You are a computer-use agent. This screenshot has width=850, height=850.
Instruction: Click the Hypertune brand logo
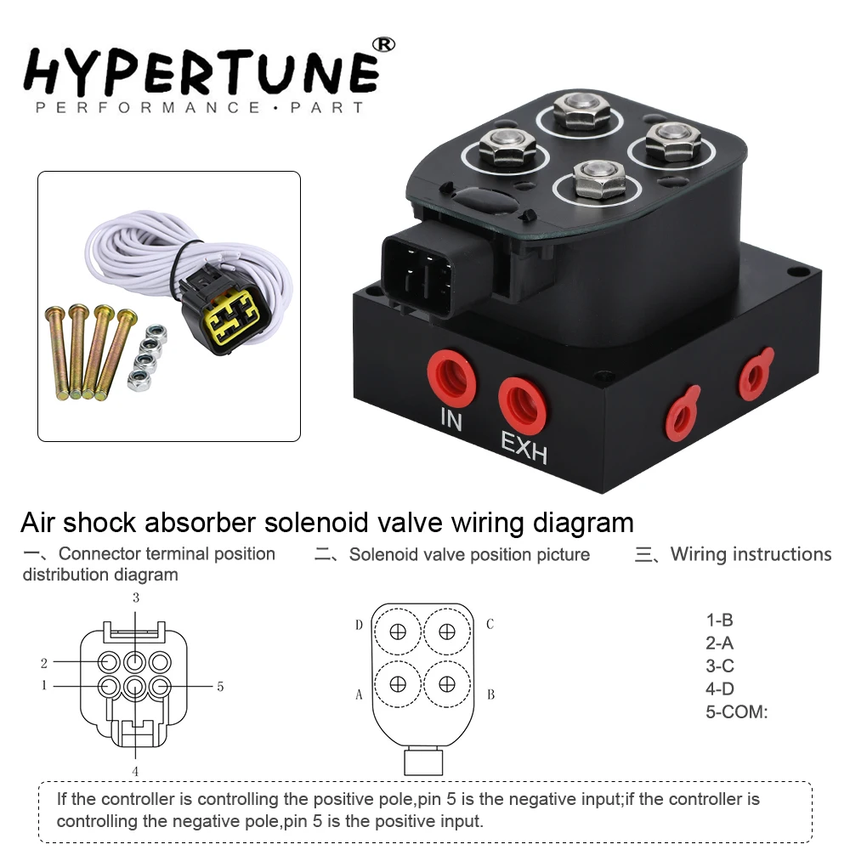click(x=201, y=72)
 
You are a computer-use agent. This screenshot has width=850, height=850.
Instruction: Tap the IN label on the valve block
click(x=451, y=418)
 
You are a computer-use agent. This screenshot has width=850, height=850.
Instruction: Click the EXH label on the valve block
click(x=524, y=445)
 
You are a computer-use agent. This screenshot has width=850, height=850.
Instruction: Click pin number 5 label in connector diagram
click(x=220, y=686)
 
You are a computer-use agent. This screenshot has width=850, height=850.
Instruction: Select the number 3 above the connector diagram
click(x=135, y=598)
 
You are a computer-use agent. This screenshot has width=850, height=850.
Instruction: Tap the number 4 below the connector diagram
click(x=135, y=771)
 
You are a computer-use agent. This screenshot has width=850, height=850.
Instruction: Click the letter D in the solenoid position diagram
click(x=359, y=626)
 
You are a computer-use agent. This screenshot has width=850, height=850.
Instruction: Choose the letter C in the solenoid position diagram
click(x=490, y=625)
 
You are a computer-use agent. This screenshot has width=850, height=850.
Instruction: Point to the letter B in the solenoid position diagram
click(x=490, y=694)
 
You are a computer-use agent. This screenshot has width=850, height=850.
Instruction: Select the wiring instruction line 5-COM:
click(x=736, y=712)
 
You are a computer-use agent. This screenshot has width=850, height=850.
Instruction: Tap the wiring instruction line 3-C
click(x=720, y=666)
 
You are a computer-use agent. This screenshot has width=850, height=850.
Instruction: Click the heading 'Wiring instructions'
click(x=751, y=554)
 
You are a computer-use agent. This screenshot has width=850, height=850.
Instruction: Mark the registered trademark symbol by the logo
click(x=385, y=43)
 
